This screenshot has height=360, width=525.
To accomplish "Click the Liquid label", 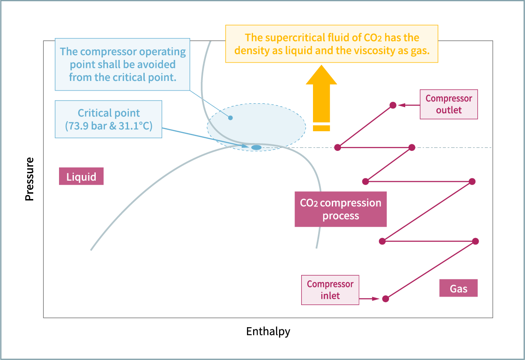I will (81, 176).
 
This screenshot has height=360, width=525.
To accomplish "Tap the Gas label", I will (458, 289).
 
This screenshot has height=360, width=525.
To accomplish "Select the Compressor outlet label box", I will (449, 105).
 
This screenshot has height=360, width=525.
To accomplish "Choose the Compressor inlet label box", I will (330, 290).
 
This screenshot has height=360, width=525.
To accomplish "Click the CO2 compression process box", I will (341, 209).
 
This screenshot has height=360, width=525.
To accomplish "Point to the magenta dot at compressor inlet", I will (385, 299).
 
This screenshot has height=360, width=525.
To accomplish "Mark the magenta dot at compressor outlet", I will (393, 105).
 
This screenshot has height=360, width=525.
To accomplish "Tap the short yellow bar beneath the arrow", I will (321, 128).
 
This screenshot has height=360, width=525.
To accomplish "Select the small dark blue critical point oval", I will (256, 147).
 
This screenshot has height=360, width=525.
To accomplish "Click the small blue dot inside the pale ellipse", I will (230, 118).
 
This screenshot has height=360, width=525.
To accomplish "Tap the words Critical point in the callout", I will (108, 113).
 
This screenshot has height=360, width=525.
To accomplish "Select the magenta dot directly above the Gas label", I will (476, 241).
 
